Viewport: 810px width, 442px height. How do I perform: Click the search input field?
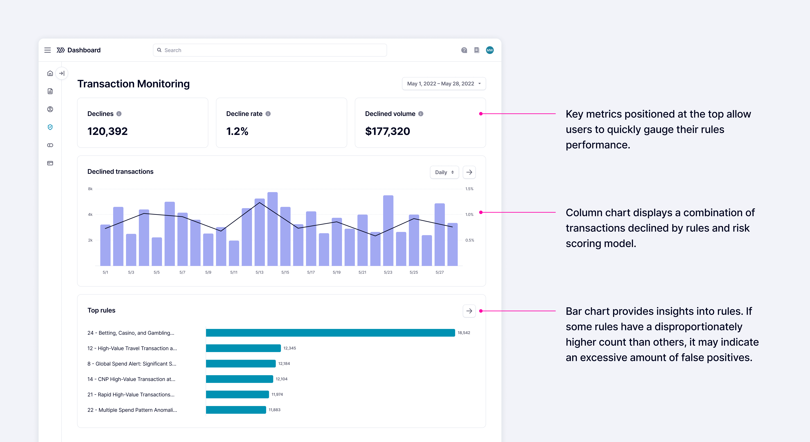tap(270, 50)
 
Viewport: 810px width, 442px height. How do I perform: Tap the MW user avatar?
tap(490, 50)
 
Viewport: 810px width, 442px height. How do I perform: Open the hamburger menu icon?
tap(47, 50)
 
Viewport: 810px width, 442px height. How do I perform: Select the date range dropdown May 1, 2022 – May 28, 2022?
tap(444, 84)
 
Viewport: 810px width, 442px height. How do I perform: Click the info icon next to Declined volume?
tap(421, 114)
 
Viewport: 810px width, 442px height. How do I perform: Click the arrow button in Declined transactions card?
tap(469, 172)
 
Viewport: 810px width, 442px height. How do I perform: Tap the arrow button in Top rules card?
tap(469, 311)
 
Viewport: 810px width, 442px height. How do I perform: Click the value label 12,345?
tap(290, 348)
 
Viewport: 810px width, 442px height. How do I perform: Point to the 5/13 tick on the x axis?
tap(259, 272)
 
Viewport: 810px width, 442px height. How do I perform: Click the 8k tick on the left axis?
tap(90, 189)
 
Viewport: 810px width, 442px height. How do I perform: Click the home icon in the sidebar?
tap(50, 73)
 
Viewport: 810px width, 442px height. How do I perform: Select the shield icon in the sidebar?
tap(50, 127)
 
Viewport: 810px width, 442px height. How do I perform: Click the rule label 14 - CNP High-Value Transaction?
tap(131, 379)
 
